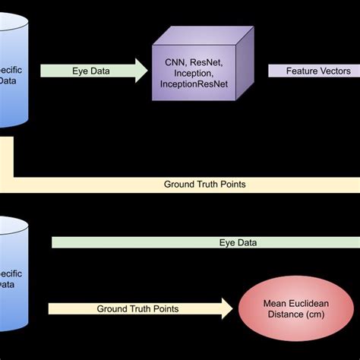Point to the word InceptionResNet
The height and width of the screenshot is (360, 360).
point(197,86)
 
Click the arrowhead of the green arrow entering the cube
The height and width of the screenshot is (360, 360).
point(142,70)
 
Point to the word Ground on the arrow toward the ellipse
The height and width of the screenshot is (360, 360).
point(113,309)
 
